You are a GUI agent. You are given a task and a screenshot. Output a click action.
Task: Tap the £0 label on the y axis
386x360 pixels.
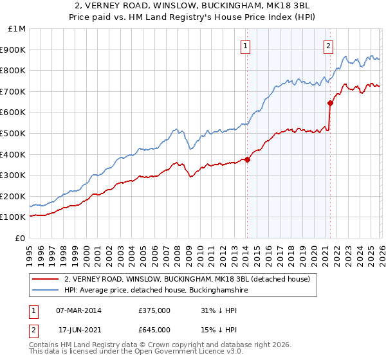click(x=21, y=238)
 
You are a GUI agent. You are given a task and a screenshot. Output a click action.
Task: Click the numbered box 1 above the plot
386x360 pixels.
click(x=246, y=45)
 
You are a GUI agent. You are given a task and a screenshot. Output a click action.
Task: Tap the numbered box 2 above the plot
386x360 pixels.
click(x=328, y=45)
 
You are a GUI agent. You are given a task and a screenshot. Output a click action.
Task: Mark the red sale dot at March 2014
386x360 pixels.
click(x=247, y=159)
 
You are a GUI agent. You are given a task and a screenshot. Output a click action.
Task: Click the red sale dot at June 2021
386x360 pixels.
click(x=330, y=103)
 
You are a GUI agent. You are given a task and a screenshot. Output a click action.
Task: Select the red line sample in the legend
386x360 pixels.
click(x=45, y=279)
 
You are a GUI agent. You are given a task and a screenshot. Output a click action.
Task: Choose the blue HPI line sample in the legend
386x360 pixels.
click(x=45, y=291)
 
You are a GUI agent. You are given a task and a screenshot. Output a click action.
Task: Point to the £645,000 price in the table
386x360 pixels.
click(x=154, y=330)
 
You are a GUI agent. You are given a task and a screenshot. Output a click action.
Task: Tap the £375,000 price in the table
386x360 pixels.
click(x=154, y=310)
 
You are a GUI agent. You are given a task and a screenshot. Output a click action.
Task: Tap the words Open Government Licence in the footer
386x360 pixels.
click(x=178, y=353)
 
